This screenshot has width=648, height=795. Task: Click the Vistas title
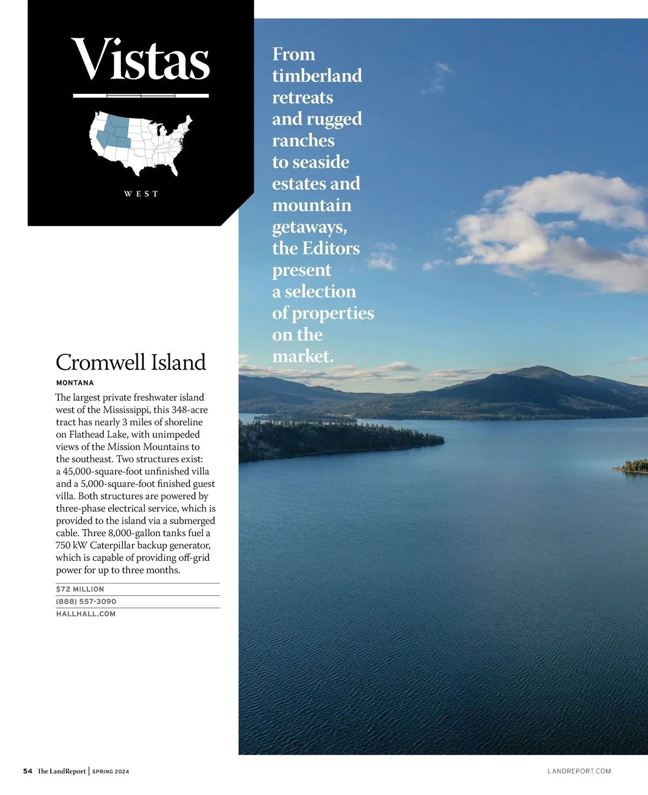pos(140,59)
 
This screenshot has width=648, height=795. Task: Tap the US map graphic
pos(140,143)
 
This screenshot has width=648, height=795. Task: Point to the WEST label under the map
pos(141,194)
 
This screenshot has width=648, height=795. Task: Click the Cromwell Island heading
pos(131,362)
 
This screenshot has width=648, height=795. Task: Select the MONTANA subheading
pos(75,383)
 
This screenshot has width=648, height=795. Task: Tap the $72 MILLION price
pos(80,589)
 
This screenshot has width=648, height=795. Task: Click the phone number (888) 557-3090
pos(86,601)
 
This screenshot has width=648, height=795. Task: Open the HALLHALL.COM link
pos(86,614)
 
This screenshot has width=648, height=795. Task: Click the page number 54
pos(28,771)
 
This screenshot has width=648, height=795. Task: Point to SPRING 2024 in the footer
pos(111,772)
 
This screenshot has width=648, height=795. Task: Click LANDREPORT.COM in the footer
pos(579,771)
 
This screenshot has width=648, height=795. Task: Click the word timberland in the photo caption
pos(317,76)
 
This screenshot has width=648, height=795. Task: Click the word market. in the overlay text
pos(303,357)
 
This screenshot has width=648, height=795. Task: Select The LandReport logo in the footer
pos(62,771)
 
